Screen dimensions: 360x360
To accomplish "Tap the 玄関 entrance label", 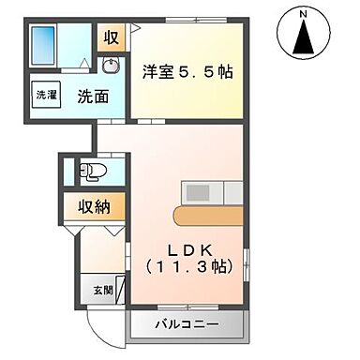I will click(x=102, y=290).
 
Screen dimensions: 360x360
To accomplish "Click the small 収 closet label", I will click(x=112, y=38).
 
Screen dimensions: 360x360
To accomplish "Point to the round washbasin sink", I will click(x=112, y=66).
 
